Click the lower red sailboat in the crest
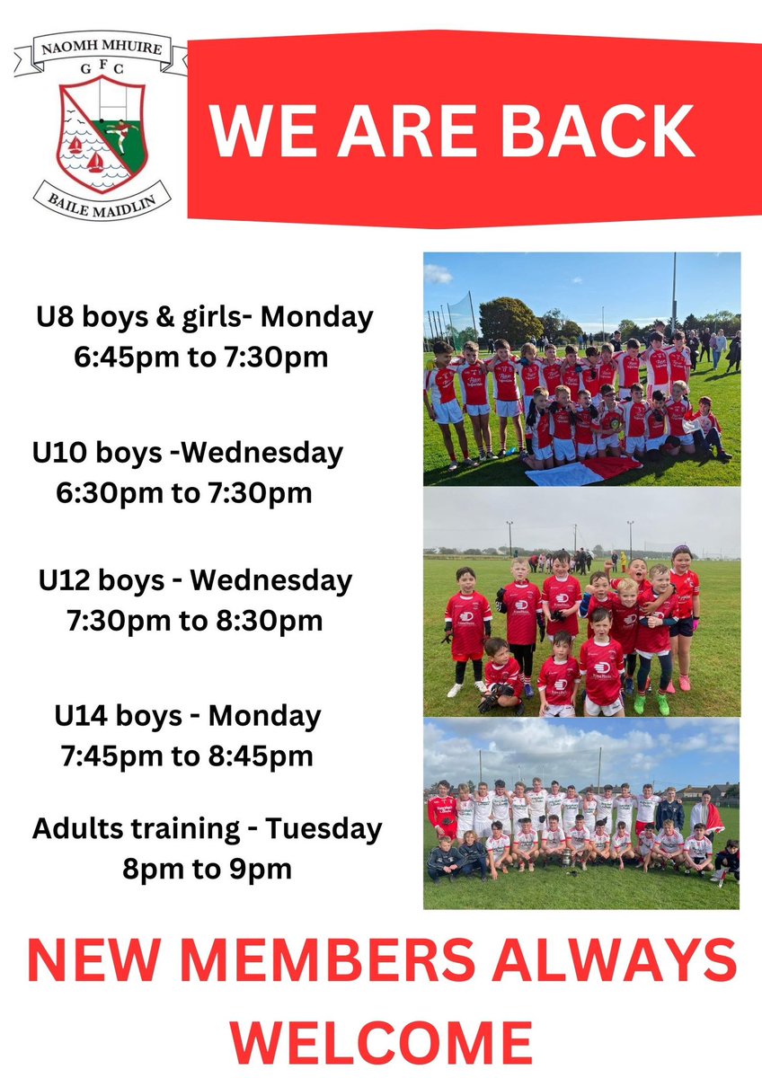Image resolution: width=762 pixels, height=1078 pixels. coord(94,163)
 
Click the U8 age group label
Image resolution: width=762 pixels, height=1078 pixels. coord(56,317)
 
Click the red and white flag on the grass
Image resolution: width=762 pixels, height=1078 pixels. coord(580,470)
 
